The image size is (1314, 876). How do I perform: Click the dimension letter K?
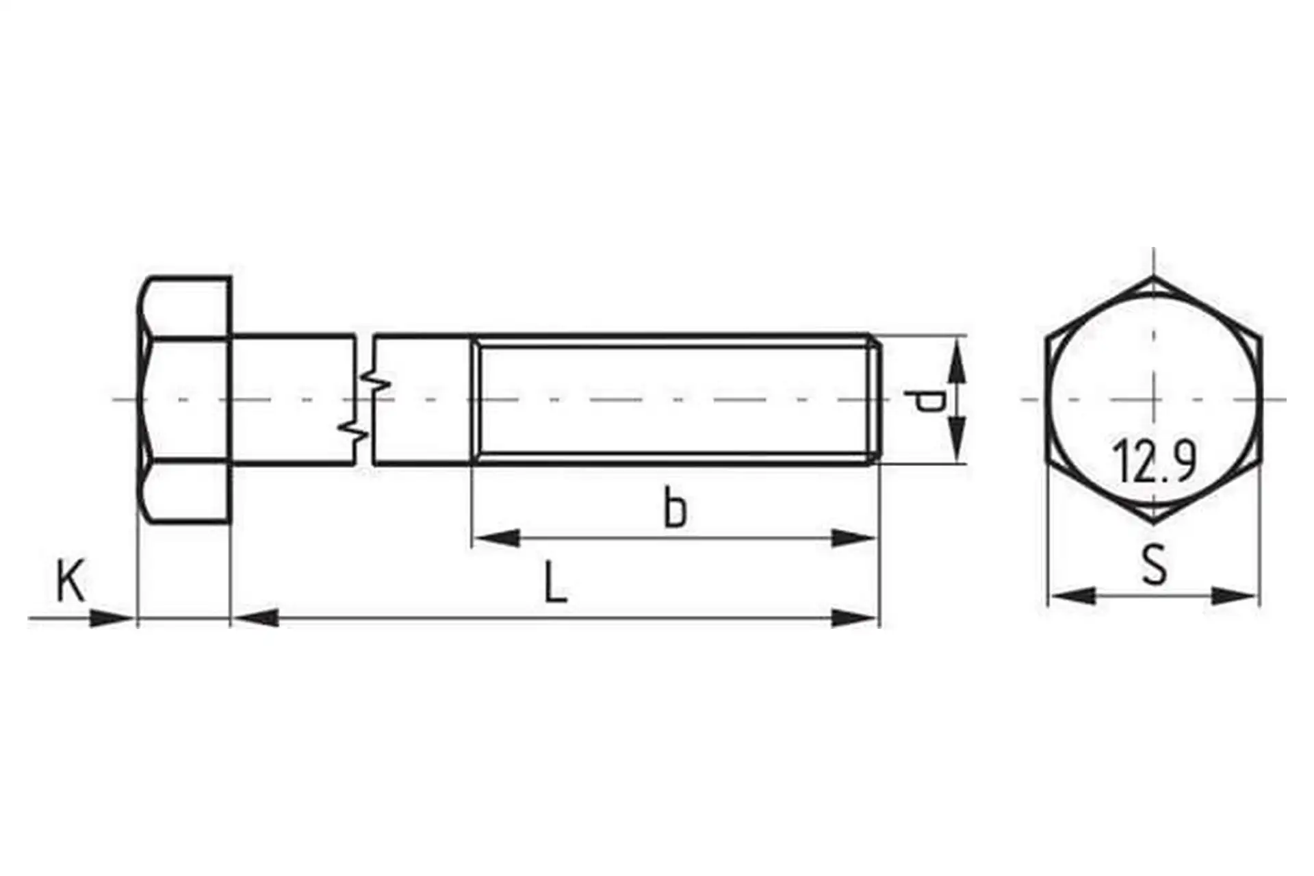(x=70, y=580)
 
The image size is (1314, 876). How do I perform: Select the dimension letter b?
(x=675, y=506)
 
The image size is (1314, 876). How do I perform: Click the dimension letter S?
(x=1155, y=564)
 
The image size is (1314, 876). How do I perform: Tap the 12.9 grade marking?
(x=1155, y=461)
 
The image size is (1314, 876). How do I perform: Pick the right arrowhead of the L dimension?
(x=853, y=618)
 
